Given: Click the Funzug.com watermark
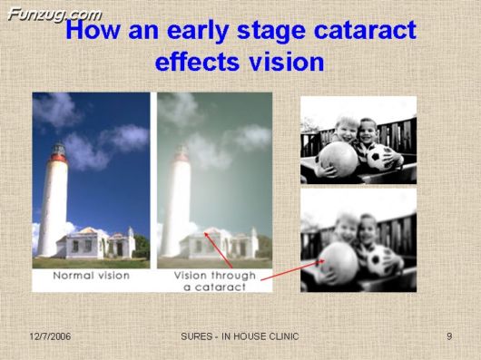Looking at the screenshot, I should pyautogui.click(x=54, y=13).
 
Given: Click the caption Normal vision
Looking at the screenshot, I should pyautogui.click(x=90, y=274).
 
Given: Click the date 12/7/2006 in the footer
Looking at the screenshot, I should pyautogui.click(x=50, y=336).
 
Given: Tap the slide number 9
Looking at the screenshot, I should pyautogui.click(x=448, y=336).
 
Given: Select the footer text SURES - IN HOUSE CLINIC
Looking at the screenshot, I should pyautogui.click(x=240, y=336).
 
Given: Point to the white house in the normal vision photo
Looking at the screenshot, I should pyautogui.click(x=94, y=243).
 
